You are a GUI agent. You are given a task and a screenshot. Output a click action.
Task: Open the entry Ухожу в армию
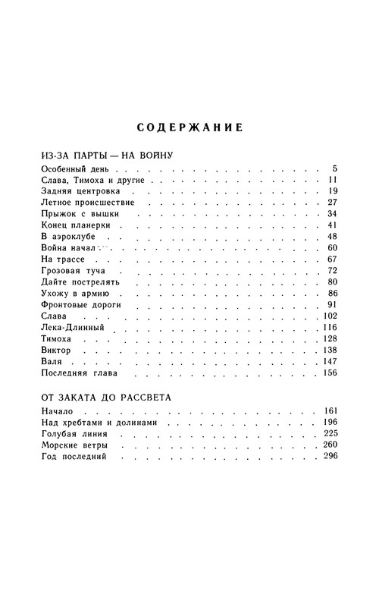(x=74, y=294)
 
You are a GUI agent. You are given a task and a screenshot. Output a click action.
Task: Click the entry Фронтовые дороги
(x=80, y=305)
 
